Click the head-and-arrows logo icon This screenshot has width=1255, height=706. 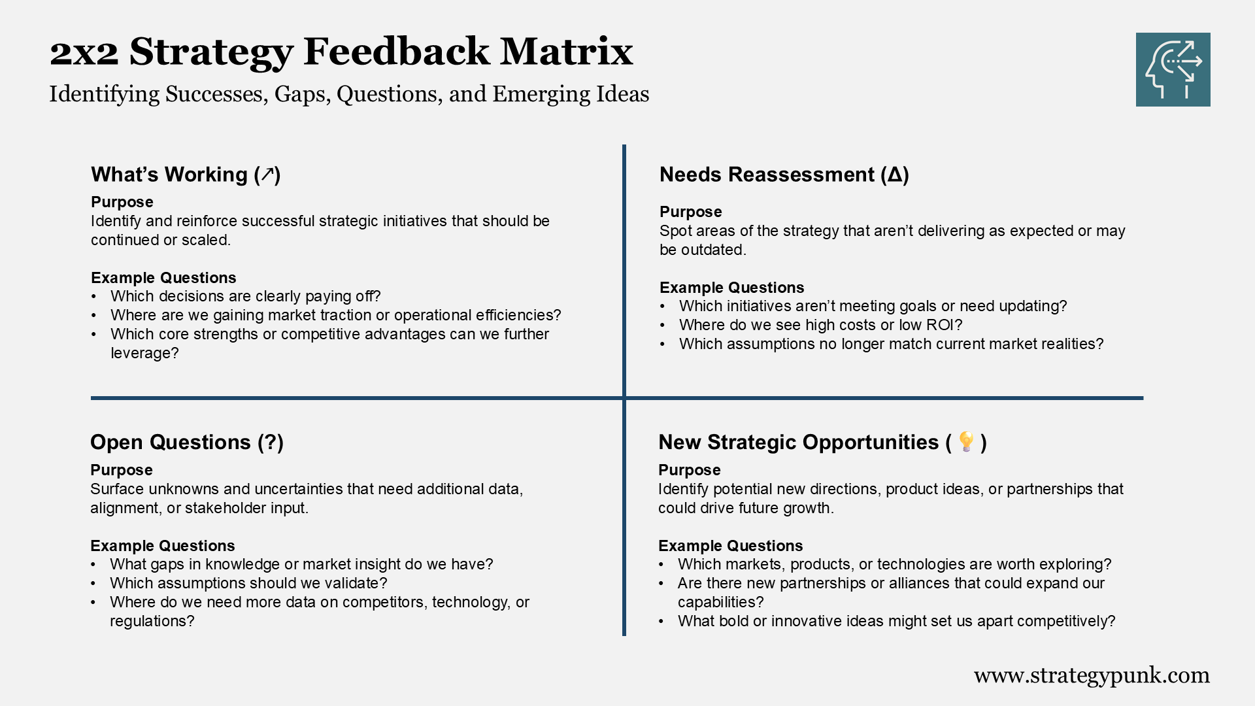(x=1173, y=69)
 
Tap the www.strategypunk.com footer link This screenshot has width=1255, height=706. (x=1092, y=675)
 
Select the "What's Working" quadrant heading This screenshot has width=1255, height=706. (x=186, y=175)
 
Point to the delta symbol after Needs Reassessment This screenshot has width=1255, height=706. (x=895, y=175)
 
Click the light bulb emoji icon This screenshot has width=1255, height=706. (x=966, y=441)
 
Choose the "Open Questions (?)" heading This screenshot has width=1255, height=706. (x=187, y=442)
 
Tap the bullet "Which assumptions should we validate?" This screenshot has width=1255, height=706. (x=248, y=583)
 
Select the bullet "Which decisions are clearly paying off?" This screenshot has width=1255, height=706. (x=245, y=296)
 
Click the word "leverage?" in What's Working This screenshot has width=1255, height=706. (x=144, y=353)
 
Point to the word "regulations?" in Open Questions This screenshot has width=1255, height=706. (x=152, y=621)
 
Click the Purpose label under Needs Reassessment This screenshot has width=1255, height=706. (x=690, y=212)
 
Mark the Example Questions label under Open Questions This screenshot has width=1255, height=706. (x=162, y=546)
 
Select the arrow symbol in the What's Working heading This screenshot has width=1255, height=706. (x=267, y=175)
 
